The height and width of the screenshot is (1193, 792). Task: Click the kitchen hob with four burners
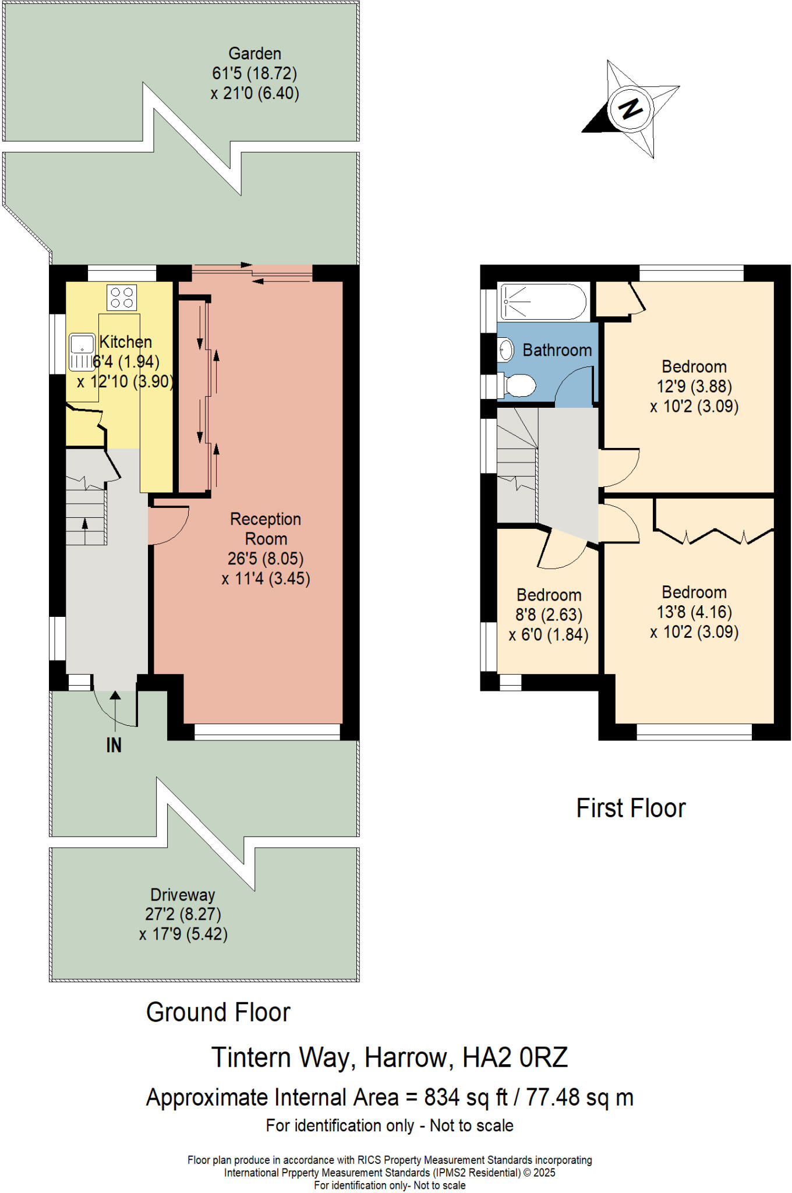122,297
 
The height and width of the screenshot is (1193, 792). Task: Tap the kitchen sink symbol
82,352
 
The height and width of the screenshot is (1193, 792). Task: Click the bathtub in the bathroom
543,302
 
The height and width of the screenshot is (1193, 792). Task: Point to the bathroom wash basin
506,350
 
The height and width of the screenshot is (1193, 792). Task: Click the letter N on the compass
631,108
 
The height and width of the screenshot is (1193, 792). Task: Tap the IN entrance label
114,745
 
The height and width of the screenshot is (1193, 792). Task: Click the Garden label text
254,54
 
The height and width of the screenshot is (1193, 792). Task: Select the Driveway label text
182,894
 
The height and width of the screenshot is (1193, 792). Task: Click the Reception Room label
266,528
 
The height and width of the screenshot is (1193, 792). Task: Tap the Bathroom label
557,350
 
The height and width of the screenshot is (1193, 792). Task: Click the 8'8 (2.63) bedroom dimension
549,615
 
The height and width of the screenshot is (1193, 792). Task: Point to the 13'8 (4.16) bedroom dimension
694,612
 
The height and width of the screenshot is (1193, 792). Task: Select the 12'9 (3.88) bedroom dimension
694,386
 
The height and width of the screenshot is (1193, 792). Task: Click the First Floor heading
631,809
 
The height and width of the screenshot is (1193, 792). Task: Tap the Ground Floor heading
218,1012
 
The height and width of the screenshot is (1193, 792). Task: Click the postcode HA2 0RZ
515,1057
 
